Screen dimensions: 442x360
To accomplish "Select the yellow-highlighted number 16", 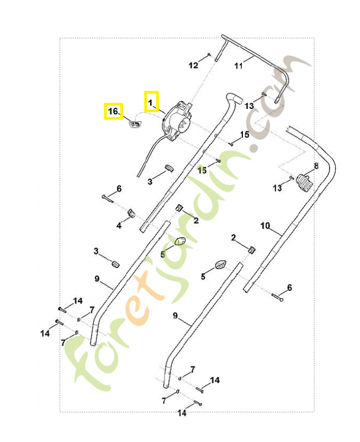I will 113,112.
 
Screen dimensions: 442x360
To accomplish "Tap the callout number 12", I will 193,66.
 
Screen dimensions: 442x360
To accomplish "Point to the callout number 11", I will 239,66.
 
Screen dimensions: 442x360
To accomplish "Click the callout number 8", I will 316,165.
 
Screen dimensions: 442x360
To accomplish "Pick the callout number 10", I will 265,225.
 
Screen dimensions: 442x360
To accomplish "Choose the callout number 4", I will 118,225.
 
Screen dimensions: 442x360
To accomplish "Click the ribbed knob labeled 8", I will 304,182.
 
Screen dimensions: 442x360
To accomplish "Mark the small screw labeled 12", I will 210,54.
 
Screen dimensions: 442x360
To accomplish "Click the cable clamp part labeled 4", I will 131,213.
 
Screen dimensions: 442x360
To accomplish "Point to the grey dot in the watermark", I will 255,149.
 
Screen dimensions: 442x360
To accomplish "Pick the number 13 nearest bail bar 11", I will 250,106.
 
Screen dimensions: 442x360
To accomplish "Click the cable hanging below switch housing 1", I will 146,155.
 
